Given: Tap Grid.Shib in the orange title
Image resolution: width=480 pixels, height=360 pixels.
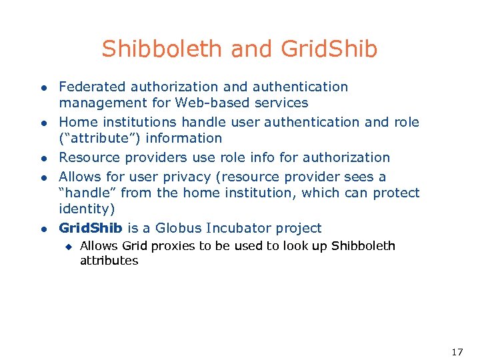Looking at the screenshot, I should click(329, 49).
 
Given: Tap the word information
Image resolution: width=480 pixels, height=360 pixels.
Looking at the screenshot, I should click(184, 138).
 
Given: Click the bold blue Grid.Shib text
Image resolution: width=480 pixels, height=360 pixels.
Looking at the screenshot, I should click(91, 228).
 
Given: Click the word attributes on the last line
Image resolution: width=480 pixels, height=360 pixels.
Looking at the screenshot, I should click(109, 261).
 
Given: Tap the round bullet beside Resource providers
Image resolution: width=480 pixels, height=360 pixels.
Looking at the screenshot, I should click(42, 159).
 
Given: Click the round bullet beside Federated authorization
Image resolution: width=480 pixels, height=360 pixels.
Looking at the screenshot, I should click(42, 88).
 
